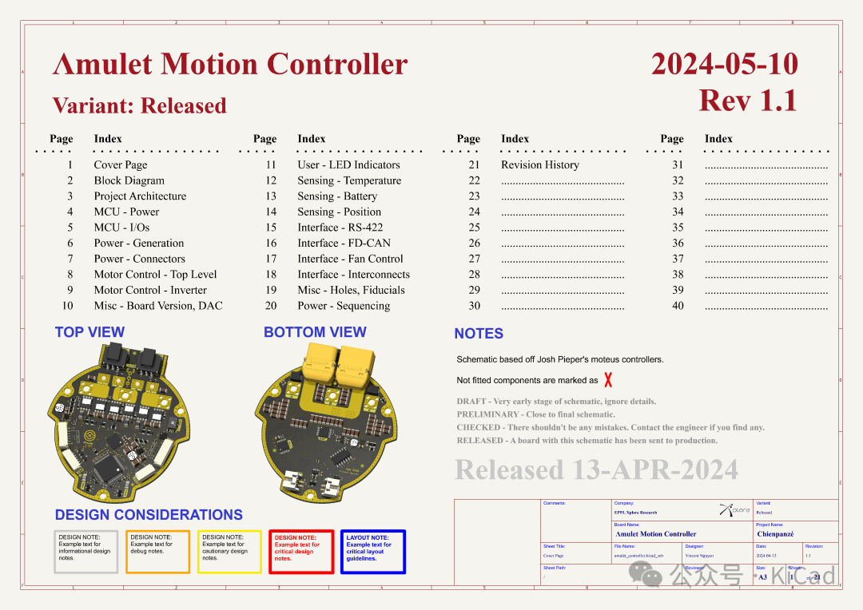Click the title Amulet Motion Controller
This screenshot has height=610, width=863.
point(230,65)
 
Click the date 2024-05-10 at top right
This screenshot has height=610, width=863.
point(724,65)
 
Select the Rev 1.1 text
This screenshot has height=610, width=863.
point(748,101)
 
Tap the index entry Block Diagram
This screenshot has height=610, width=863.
point(129,180)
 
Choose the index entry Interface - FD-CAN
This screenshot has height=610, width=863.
point(344,243)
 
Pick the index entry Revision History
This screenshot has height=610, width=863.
point(540,165)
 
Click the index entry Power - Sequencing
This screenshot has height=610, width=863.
point(344,306)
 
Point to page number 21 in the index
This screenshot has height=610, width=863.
point(475,165)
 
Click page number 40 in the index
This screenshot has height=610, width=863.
point(678,306)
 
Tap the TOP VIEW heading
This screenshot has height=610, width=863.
point(89,332)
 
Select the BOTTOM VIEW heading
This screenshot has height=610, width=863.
point(315,332)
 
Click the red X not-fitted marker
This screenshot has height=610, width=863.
point(608,380)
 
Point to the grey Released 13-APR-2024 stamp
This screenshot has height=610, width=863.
point(596,470)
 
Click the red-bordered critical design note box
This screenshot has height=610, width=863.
point(301,551)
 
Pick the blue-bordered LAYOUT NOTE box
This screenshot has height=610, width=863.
point(372,551)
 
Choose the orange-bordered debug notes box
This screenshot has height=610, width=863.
point(157,551)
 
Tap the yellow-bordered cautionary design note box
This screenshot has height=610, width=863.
point(229,551)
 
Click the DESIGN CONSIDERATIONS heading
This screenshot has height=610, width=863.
point(149,515)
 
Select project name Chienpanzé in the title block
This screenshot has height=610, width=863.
point(775,534)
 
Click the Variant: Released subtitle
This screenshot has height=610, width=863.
point(140,105)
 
